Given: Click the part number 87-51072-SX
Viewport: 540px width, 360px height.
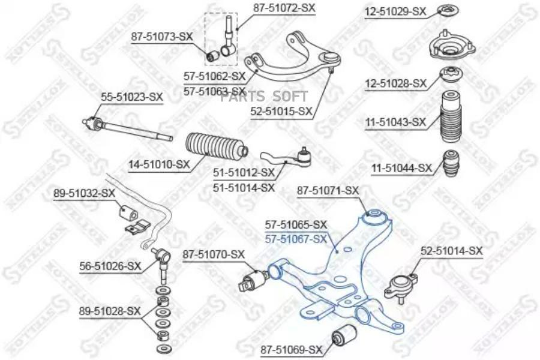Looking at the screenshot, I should [284, 8].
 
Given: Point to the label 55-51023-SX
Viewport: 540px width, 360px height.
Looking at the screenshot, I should [131, 96].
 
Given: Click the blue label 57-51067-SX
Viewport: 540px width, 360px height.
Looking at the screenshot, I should [296, 239].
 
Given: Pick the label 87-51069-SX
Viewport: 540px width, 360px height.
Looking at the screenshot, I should [292, 350].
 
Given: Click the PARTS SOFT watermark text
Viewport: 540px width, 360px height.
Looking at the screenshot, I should [264, 96].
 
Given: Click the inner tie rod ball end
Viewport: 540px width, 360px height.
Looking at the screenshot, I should [91, 123].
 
